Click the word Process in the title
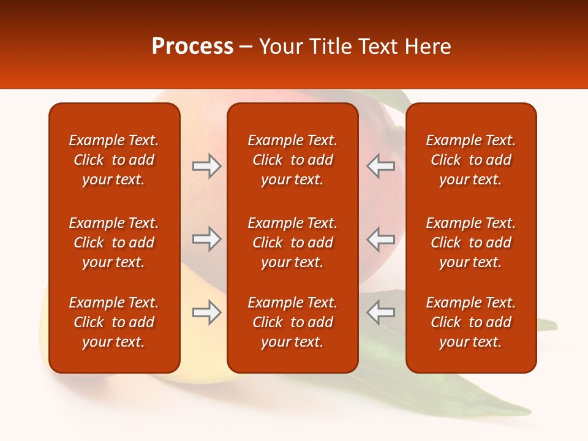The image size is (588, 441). (192, 47)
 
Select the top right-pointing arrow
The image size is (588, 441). (206, 166)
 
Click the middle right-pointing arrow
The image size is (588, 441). (206, 239)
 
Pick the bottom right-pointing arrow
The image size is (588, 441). (206, 312)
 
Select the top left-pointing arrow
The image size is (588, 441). (380, 166)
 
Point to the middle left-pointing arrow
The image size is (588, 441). (380, 239)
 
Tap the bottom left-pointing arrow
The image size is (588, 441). (380, 312)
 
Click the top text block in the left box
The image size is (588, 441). (114, 160)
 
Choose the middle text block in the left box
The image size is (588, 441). (114, 243)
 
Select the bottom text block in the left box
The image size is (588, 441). (114, 322)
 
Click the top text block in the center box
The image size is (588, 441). (292, 160)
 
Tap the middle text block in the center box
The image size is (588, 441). (292, 243)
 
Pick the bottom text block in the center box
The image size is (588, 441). (292, 322)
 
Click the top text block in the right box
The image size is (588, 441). (470, 160)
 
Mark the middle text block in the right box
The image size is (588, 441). (470, 243)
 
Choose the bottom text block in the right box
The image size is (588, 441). (470, 322)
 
